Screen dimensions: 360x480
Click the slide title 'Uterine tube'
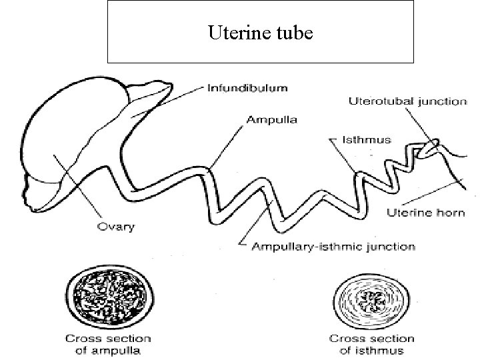260,31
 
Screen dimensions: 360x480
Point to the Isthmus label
367,140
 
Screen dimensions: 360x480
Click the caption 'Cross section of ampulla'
107,344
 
